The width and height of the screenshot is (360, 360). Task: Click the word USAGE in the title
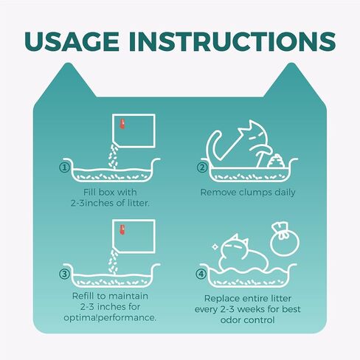72,41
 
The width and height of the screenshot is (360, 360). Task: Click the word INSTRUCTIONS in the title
232,41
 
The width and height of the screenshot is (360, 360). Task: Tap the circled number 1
64,167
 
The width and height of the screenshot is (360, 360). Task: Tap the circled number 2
202,167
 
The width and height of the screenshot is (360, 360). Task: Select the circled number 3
64,274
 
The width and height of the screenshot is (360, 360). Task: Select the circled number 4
201,274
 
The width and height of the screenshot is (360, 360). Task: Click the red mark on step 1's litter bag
122,124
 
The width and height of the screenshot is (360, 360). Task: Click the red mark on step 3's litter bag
122,229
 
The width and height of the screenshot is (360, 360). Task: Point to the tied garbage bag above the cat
285,239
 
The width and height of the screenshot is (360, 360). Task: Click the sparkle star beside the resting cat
215,246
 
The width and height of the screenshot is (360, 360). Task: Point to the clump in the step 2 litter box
277,161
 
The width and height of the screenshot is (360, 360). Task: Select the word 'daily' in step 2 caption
285,193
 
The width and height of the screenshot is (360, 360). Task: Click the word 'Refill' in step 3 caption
83,296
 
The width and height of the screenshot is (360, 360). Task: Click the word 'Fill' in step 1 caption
89,192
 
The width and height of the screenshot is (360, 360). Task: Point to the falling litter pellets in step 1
113,157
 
